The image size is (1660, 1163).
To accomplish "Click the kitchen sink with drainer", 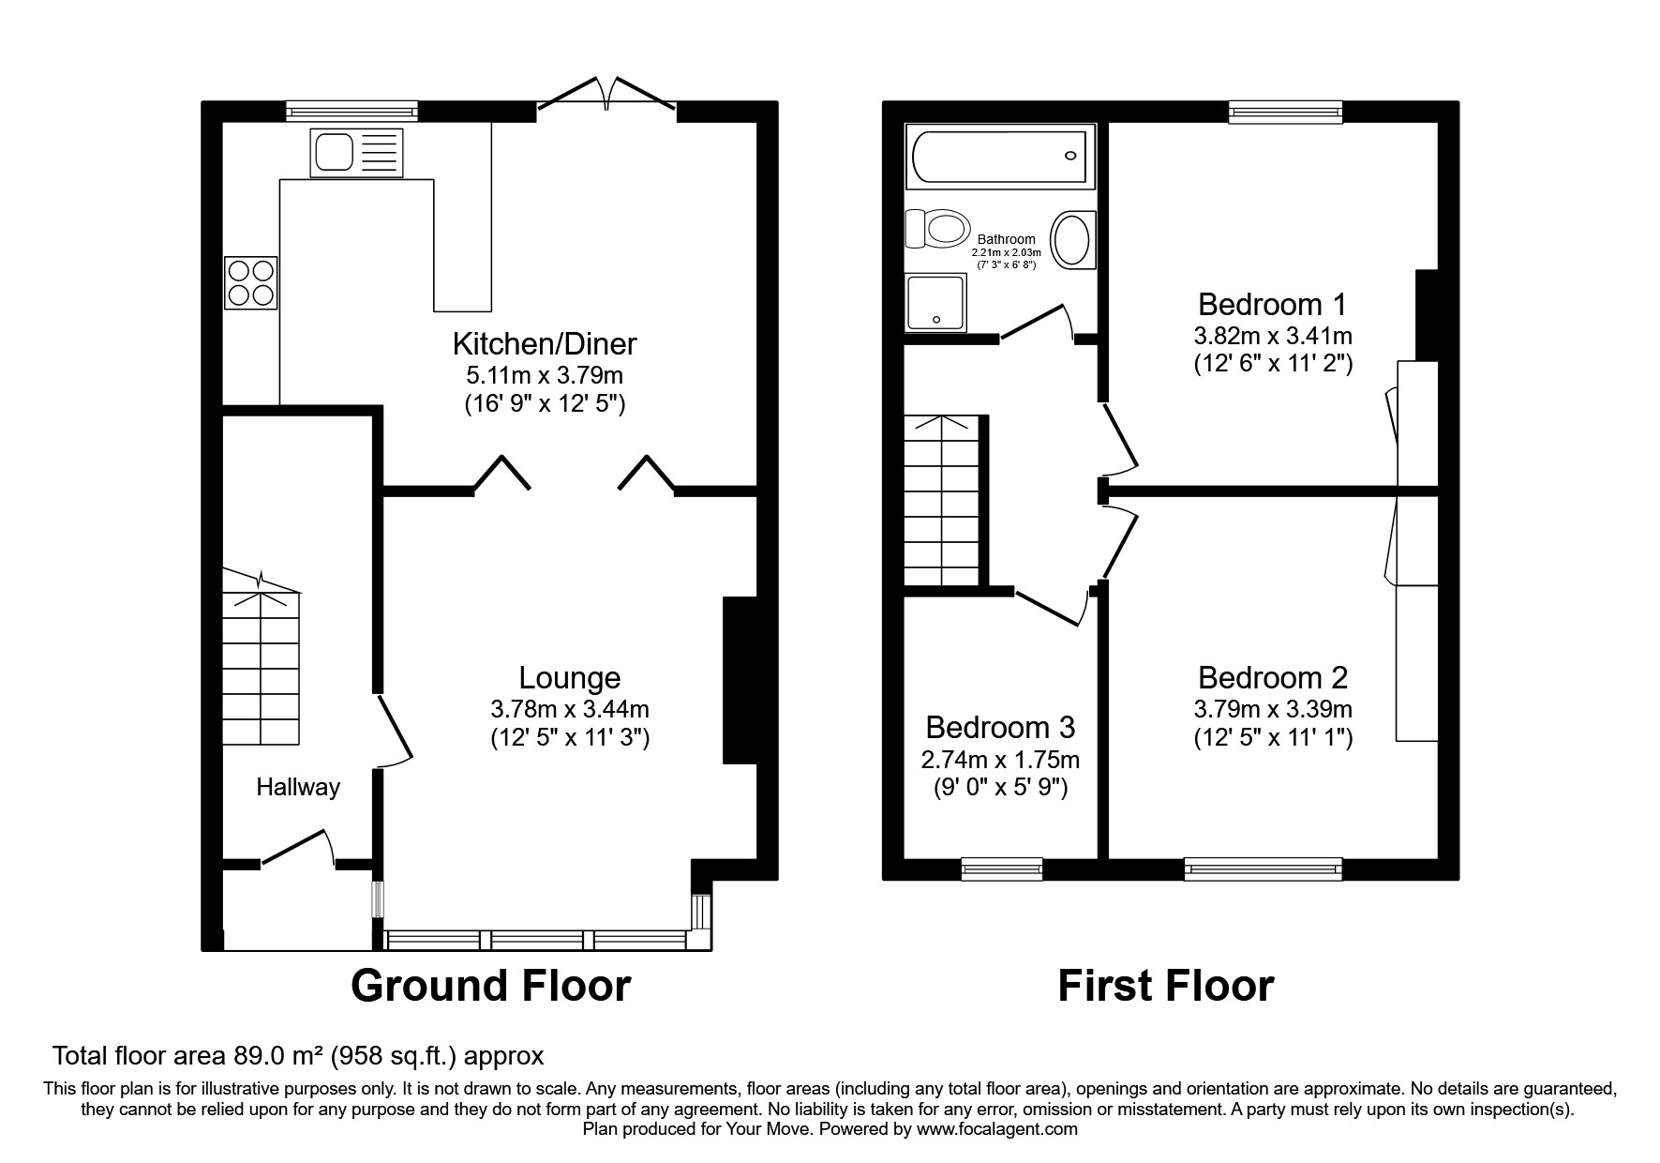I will [357, 153].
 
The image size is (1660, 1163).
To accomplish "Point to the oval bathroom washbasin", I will [1072, 240].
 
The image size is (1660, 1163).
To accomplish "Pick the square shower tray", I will [935, 302].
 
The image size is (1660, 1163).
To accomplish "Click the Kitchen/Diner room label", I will [544, 343].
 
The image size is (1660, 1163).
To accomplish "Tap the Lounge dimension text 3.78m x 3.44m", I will [569, 709].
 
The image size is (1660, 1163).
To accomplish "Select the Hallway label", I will [298, 787].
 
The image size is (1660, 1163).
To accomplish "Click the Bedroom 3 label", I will [1000, 727].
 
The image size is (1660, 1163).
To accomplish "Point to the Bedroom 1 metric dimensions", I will [1272, 335].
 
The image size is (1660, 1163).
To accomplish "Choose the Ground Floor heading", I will [490, 986].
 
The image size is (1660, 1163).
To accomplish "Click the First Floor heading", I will [1165, 986].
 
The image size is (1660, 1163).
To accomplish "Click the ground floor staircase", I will [261, 666].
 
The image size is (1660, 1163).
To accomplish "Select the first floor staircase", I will [941, 502].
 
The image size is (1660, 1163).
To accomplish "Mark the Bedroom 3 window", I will [1001, 868].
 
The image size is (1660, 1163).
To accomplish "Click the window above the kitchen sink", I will [351, 112].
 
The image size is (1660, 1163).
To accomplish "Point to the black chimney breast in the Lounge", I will [739, 680].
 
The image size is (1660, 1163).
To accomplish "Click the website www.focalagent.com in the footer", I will [997, 1129].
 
